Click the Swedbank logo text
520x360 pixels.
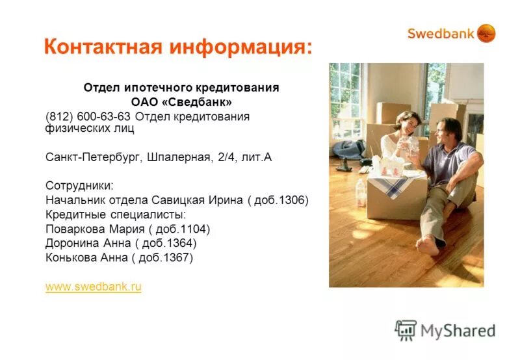441,34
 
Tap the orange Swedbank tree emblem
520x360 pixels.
486,33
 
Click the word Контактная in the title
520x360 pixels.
104,47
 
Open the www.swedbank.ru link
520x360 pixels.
94,287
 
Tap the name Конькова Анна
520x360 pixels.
82,257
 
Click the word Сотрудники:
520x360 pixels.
75,185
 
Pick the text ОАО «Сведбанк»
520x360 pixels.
181,101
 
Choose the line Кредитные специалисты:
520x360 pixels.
107,214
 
